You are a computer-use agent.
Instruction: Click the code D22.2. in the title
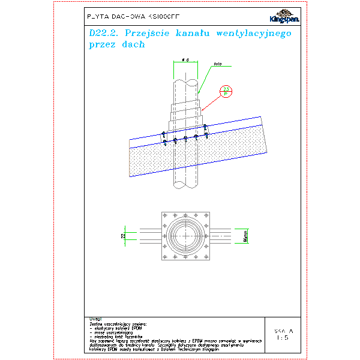(x=100, y=34)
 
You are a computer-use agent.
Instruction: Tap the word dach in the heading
(x=133, y=45)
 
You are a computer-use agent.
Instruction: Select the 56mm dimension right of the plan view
(x=246, y=236)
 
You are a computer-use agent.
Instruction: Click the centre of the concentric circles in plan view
(x=185, y=235)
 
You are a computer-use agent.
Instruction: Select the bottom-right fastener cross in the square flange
(x=205, y=256)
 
